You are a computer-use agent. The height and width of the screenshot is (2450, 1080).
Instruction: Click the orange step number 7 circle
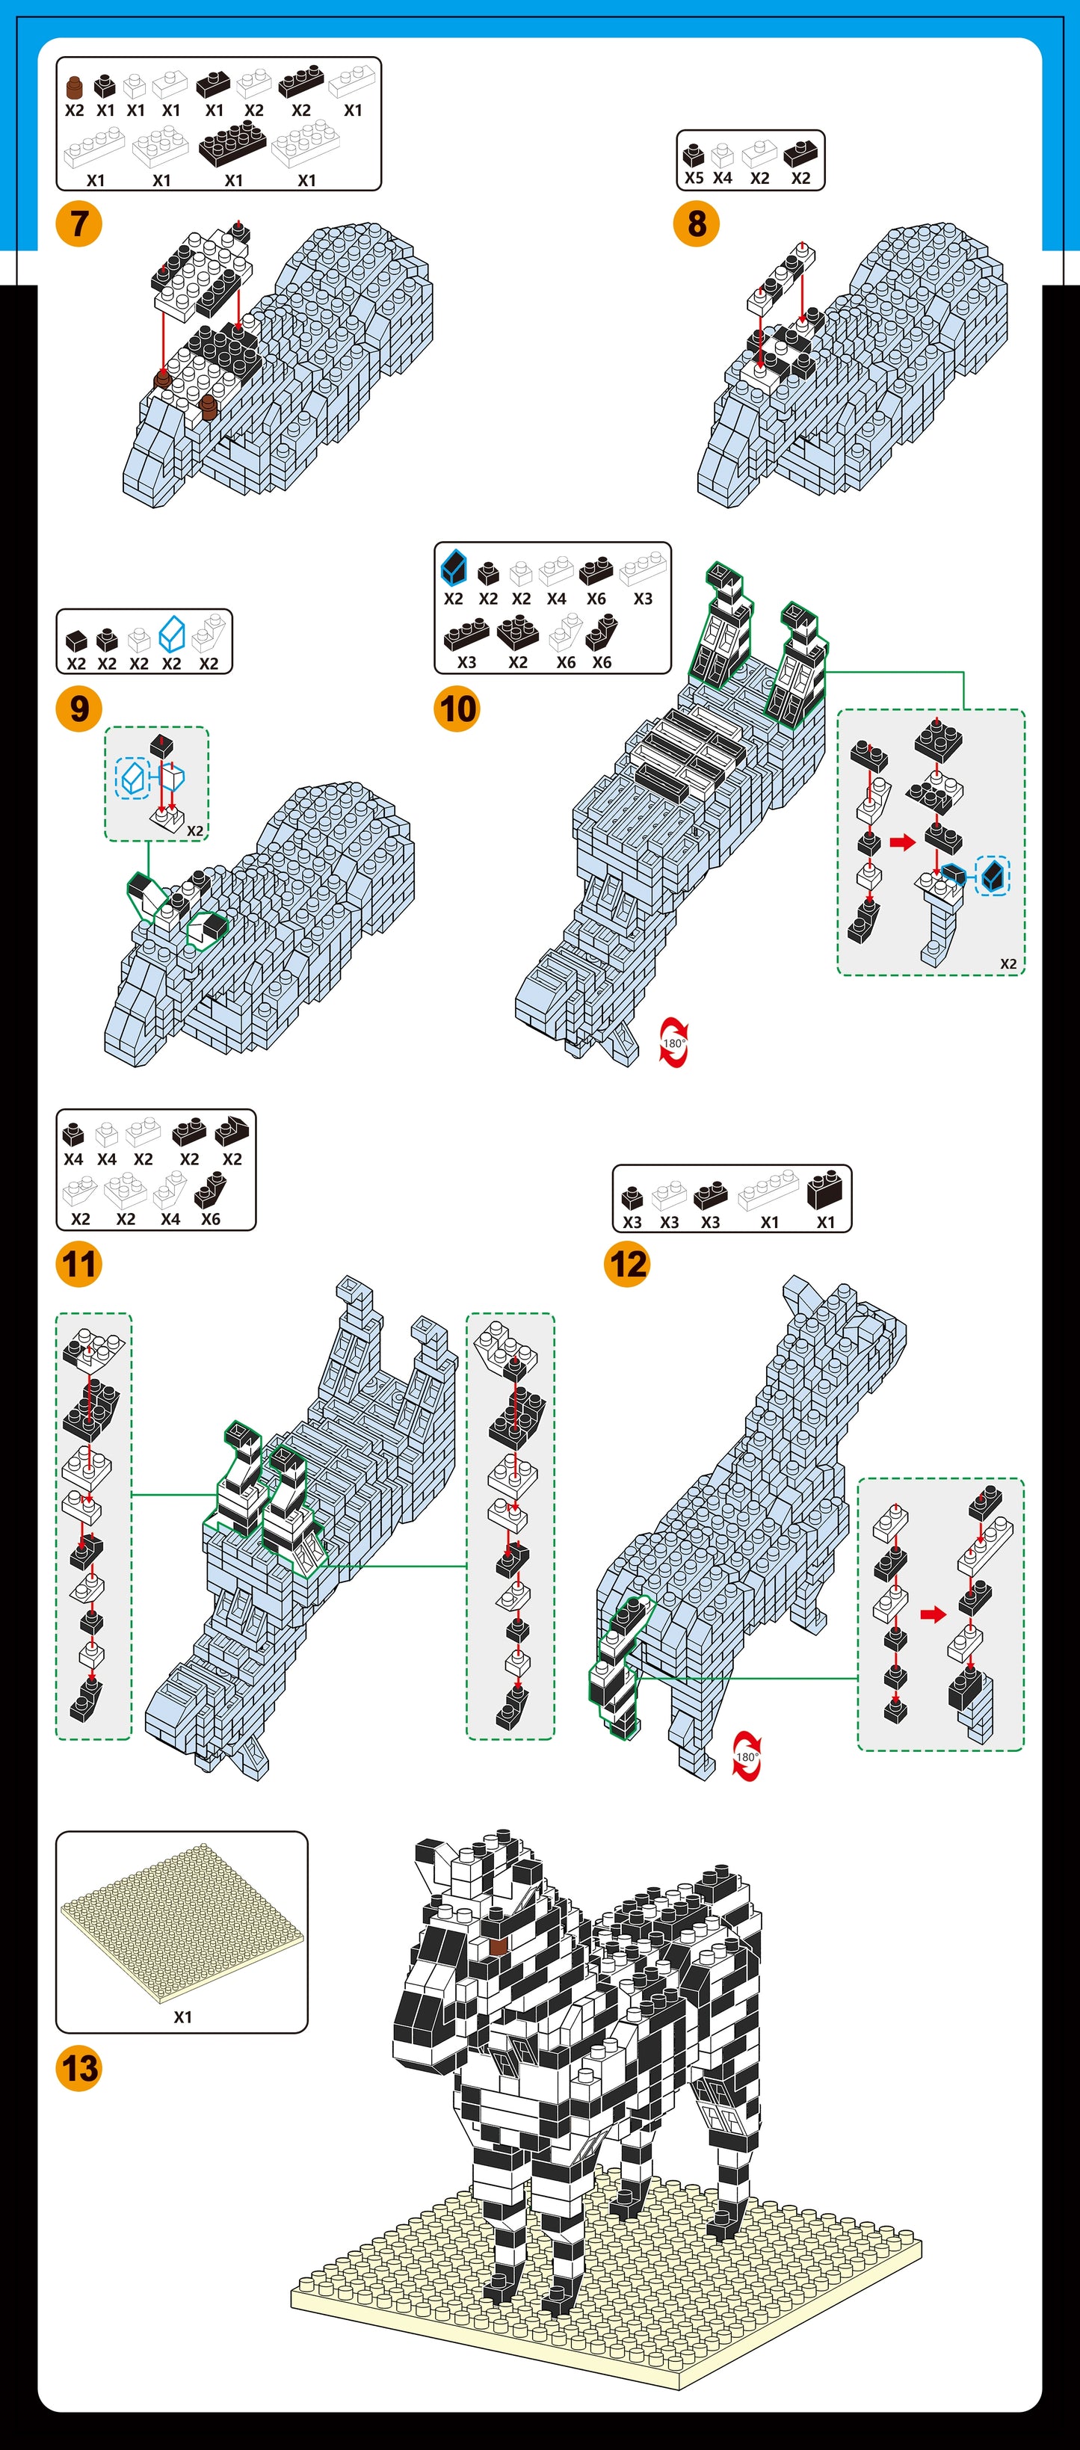79,223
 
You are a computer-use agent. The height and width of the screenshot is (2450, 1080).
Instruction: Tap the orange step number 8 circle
696,223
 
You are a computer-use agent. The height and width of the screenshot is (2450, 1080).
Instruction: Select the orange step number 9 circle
79,709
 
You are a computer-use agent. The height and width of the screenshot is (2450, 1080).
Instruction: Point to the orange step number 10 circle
457,709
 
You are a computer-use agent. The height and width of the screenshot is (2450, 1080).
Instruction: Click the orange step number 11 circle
79,1264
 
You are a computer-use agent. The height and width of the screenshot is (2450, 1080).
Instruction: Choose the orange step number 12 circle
626,1264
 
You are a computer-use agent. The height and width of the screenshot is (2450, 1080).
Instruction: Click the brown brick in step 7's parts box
74,87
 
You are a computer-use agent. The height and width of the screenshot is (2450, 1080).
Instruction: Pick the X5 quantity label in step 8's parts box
694,178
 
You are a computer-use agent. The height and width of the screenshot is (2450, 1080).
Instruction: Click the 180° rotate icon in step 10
673,1043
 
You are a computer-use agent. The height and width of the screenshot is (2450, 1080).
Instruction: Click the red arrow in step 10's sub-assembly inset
902,842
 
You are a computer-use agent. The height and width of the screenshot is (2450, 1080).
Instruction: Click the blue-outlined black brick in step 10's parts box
454,569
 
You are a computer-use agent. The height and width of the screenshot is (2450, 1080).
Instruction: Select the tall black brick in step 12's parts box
824,1189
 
